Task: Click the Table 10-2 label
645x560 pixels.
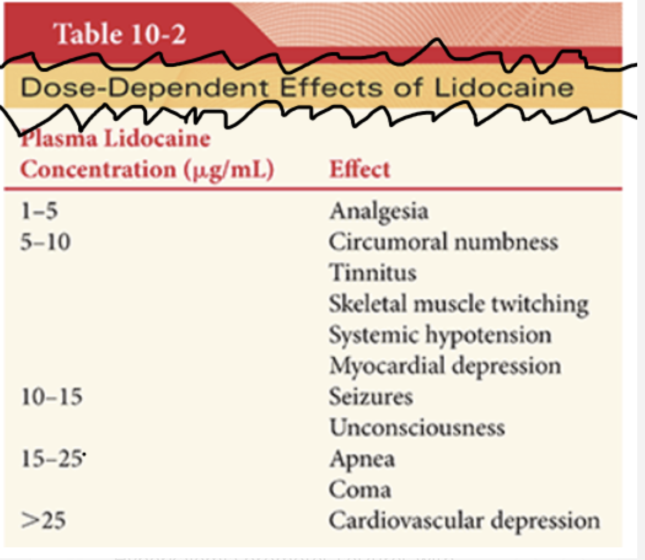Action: coord(120,35)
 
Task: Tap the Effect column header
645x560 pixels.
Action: coord(359,169)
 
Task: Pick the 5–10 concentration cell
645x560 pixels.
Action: coord(46,243)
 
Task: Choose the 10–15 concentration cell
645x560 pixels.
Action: coord(52,397)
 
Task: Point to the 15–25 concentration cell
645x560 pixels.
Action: coord(52,459)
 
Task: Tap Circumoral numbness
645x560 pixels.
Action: coord(443,243)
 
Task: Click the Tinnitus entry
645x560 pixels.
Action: coord(373,273)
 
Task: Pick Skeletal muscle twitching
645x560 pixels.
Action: coord(458,304)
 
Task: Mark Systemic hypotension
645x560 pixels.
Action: coord(440,335)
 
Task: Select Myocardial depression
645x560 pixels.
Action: coord(445,366)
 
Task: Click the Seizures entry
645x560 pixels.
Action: coord(370,397)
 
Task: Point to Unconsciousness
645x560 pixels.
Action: coord(417,428)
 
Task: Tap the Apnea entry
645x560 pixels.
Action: coord(362,459)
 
